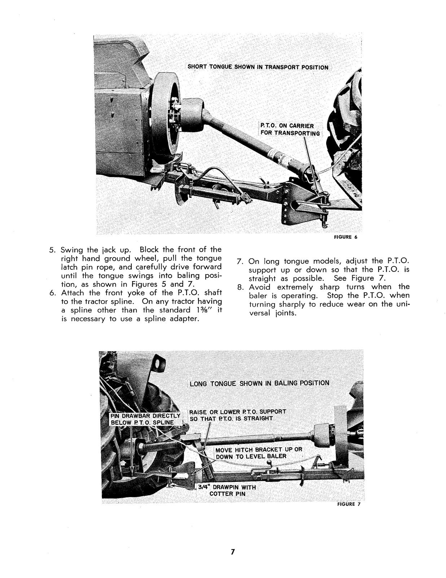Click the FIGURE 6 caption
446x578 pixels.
tap(345, 237)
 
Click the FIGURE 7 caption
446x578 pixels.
tap(349, 505)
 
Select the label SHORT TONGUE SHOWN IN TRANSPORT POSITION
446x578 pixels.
tap(258, 67)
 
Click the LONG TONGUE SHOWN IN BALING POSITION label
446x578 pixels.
tap(259, 383)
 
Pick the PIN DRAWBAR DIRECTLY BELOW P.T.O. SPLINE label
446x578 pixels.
tap(145, 419)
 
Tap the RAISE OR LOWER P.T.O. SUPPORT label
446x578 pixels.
tap(237, 415)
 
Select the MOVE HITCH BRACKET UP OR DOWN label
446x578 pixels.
tap(259, 453)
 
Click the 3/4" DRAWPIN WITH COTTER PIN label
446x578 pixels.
tap(227, 490)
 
